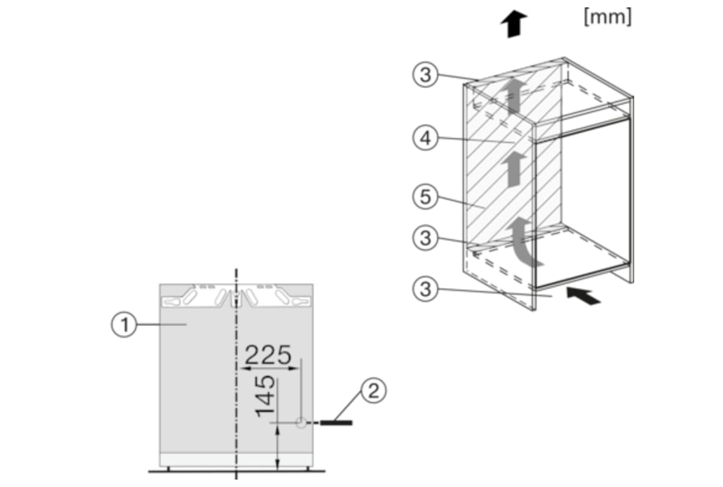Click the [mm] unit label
click(x=607, y=17)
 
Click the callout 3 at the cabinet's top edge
click(x=425, y=75)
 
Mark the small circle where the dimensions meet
click(x=301, y=424)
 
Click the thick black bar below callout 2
click(x=336, y=423)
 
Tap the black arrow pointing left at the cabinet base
click(x=584, y=296)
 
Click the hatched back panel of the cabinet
click(x=494, y=199)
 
